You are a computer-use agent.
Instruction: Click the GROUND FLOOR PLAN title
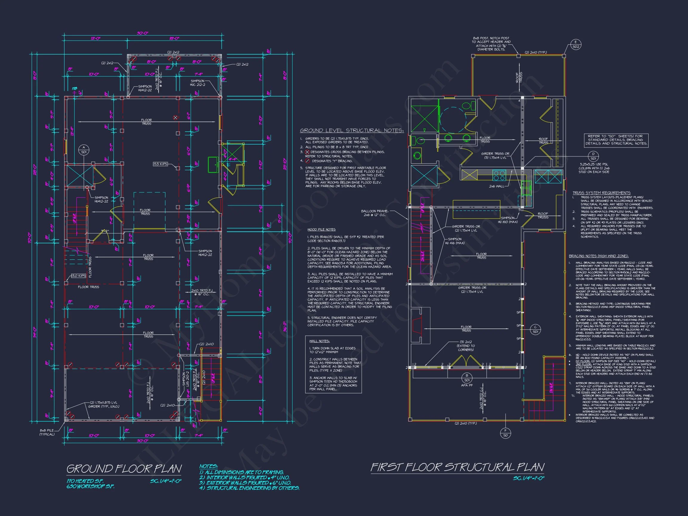(x=124, y=469)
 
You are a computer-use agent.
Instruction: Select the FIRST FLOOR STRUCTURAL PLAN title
(x=457, y=467)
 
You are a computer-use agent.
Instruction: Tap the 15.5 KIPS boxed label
(x=160, y=164)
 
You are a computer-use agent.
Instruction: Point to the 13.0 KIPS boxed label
(x=78, y=276)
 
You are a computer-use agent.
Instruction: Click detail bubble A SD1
(x=84, y=150)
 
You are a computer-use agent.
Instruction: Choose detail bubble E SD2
(x=576, y=45)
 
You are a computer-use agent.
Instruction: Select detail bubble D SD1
(x=593, y=156)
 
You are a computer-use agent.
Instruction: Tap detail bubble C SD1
(x=535, y=329)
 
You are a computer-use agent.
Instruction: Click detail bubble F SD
(x=506, y=433)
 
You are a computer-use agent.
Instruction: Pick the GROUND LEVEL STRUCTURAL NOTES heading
(x=351, y=130)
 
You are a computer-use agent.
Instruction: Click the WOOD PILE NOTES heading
(x=321, y=230)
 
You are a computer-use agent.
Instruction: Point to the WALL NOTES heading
(x=320, y=341)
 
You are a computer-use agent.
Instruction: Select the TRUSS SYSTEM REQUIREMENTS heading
(x=601, y=193)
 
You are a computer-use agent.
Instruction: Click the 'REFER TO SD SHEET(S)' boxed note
(x=616, y=140)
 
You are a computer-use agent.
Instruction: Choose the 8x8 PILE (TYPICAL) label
(x=47, y=432)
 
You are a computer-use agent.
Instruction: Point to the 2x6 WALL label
(x=496, y=186)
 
